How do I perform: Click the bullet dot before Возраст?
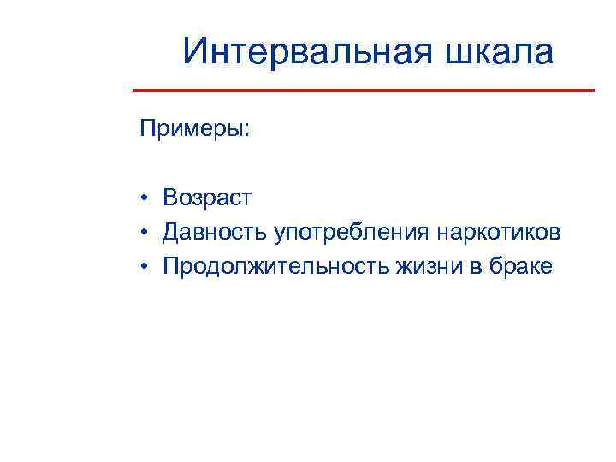click(147, 198)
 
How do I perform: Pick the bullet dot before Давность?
click(147, 233)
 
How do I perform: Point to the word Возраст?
click(208, 198)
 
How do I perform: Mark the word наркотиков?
click(500, 233)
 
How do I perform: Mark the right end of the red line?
click(594, 89)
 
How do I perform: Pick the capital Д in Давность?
click(172, 233)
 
